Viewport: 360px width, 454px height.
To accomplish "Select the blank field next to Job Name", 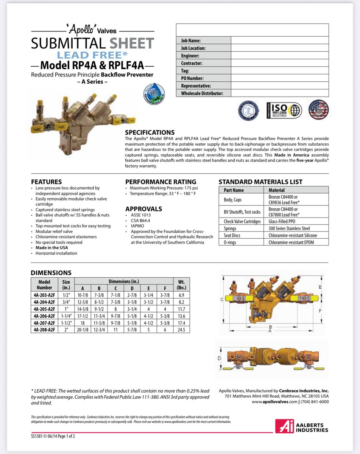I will [279, 40].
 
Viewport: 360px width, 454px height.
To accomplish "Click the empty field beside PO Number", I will [279, 78].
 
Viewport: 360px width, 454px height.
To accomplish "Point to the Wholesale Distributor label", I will [202, 93].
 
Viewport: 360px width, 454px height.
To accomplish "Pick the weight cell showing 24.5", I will [181, 330].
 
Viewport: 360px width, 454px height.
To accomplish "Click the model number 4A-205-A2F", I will [44, 309].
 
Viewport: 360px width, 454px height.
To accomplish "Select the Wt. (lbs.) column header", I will [181, 285].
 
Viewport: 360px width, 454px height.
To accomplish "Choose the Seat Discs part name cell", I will [232, 235].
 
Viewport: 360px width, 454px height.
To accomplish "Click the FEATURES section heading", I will [46, 182].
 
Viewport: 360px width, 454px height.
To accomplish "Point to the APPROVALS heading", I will [143, 209].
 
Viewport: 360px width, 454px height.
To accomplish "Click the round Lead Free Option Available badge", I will [154, 94].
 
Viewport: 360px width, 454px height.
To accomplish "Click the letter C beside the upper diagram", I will [222, 300].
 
